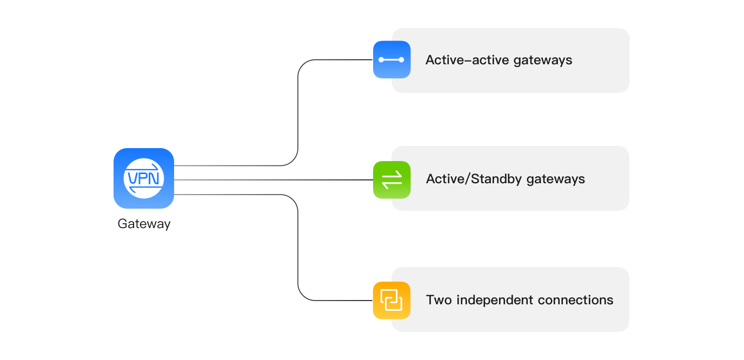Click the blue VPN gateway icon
143,178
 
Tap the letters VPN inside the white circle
143,178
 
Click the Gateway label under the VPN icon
144,224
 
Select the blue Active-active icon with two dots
391,59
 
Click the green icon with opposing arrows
391,179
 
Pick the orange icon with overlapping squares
391,300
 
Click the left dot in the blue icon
382,59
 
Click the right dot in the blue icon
401,59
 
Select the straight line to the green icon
270,179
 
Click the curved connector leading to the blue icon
298,108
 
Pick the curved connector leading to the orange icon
298,249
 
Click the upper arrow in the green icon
392,175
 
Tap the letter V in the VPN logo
132,178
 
